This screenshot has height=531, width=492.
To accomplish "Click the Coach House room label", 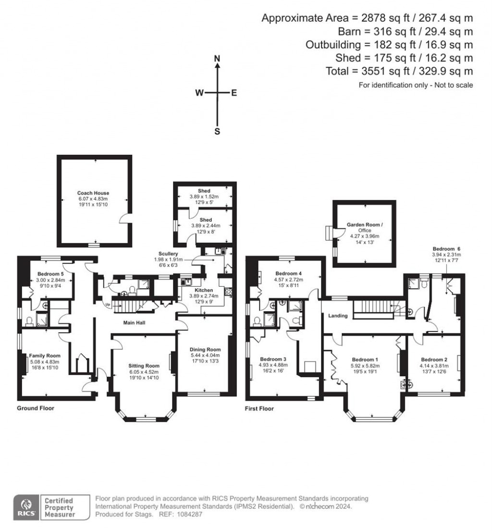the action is [93, 193].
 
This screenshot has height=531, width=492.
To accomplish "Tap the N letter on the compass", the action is [217, 59].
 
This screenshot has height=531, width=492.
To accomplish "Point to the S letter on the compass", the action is [217, 131].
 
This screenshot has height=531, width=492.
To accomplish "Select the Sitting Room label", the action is [144, 366].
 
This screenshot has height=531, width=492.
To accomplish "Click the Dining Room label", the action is [205, 350].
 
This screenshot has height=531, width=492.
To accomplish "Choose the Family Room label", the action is [45, 355].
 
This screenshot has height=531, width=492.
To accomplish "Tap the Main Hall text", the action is [135, 323].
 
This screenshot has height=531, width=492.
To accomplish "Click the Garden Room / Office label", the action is [365, 227].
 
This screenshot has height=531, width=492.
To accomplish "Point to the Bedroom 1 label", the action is [365, 360].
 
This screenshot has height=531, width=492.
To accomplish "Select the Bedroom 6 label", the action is [446, 249].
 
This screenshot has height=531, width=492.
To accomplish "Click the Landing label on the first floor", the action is [338, 316].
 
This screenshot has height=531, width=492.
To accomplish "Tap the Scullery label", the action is [168, 253].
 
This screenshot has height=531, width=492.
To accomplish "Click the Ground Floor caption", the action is [36, 408].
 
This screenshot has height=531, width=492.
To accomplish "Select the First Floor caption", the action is [259, 408].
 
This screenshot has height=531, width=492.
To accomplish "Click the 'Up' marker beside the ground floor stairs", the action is [108, 304].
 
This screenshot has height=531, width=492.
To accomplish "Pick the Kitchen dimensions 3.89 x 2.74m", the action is [204, 296].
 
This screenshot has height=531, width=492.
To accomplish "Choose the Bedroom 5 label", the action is [50, 274].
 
